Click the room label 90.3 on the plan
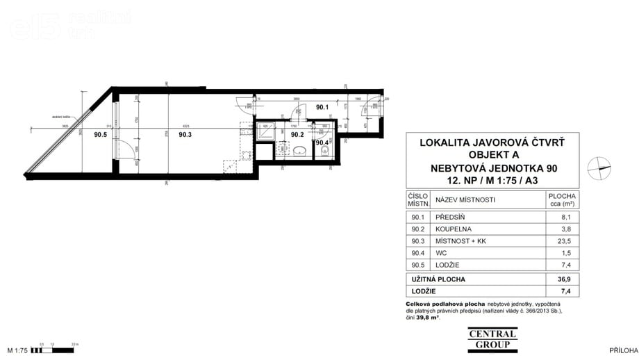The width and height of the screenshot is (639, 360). point(185,136)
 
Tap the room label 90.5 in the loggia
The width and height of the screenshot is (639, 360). point(101,136)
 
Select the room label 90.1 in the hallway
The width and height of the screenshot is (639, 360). point(322,107)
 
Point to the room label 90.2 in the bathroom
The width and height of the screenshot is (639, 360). point(297,134)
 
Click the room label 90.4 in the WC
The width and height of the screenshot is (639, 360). point(322,143)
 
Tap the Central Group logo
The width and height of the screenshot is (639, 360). point(492,338)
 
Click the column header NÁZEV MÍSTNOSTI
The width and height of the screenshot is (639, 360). point(465,200)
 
